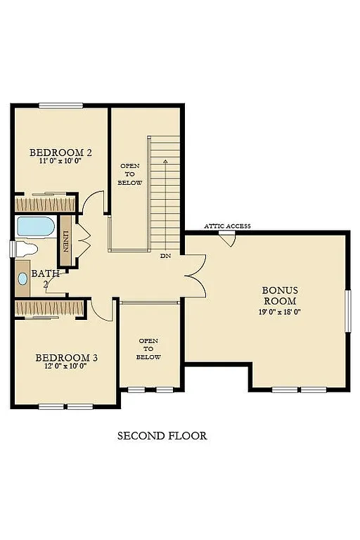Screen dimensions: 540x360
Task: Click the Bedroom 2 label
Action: [60, 153]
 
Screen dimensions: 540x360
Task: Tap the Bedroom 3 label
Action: [66, 358]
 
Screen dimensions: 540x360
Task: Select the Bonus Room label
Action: [280, 295]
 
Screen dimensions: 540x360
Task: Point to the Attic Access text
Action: [227, 226]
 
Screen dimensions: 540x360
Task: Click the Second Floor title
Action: [162, 436]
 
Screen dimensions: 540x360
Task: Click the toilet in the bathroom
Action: [25, 249]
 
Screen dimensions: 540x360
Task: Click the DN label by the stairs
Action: [165, 256]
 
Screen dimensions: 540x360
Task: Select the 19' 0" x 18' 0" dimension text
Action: [280, 311]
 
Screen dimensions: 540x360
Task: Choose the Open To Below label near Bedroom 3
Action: [148, 349]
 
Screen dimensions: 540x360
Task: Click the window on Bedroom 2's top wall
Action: [61, 105]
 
